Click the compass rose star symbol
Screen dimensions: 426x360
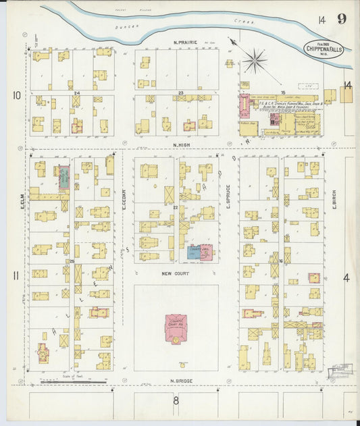click(x=255, y=61)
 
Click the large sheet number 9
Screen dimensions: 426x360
click(x=342, y=18)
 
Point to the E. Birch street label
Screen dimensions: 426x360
click(x=334, y=198)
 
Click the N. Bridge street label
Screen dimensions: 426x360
click(x=182, y=381)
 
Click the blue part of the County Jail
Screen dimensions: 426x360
click(x=192, y=253)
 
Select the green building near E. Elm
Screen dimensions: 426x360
click(x=63, y=178)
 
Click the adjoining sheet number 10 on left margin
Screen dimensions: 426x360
click(x=16, y=95)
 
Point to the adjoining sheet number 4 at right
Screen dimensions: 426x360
click(x=346, y=277)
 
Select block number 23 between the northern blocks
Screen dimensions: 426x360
click(x=180, y=92)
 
